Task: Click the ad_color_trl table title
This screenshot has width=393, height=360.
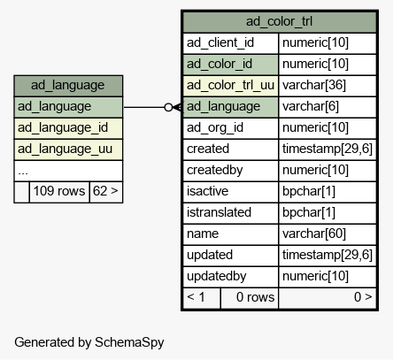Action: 280,22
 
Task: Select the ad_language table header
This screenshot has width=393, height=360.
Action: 68,86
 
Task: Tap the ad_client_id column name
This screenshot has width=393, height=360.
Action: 230,43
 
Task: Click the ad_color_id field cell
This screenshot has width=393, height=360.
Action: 230,65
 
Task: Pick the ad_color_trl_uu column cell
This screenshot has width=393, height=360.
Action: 230,86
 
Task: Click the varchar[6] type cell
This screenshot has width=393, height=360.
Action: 327,107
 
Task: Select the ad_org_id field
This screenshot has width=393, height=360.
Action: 230,128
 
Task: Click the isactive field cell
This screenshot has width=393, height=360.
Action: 230,192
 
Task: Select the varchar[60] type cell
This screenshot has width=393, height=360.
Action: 327,234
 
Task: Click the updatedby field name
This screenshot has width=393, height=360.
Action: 230,277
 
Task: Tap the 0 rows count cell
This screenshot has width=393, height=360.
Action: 250,298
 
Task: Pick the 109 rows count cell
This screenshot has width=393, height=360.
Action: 59,192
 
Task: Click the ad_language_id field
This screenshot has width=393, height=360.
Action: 68,128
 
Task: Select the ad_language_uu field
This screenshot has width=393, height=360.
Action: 68,149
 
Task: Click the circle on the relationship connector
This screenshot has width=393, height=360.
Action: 168,107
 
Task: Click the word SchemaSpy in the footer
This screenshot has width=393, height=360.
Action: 129,343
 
